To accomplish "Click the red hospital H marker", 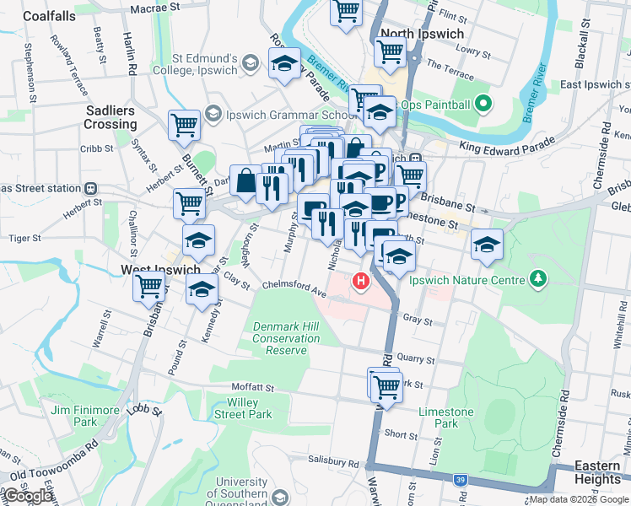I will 362,281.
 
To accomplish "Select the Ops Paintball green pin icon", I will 483,105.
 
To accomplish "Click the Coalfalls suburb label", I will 50,16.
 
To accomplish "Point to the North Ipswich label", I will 422,34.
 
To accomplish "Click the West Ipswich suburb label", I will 160,270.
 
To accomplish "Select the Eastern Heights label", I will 597,472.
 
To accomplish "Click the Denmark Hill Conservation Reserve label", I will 287,338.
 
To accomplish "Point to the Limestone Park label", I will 446,417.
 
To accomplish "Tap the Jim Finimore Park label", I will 84,416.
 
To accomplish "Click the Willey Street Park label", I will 242,408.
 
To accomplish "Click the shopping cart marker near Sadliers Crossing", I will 184,126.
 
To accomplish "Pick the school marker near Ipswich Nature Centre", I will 487,245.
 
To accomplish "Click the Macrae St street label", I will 156,8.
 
